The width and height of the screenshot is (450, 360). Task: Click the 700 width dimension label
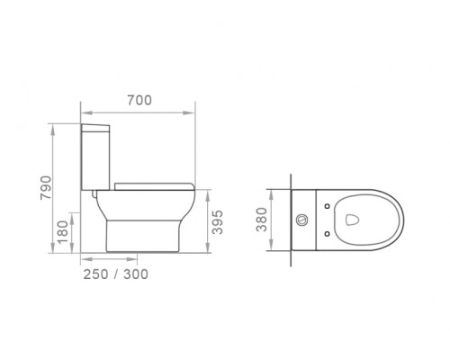(x=139, y=100)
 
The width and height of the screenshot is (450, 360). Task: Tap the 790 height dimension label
(x=46, y=188)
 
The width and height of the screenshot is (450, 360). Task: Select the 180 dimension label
(x=63, y=232)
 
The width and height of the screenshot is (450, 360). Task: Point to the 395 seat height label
(x=218, y=222)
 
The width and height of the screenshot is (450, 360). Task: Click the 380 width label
(x=262, y=220)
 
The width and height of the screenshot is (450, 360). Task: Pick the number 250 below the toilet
(x=95, y=274)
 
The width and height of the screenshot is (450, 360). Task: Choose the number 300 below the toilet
(x=136, y=274)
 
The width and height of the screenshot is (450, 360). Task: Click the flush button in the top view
(x=301, y=220)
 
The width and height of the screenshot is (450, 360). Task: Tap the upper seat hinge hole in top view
(x=328, y=206)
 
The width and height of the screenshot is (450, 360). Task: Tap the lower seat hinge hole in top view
(x=328, y=233)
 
